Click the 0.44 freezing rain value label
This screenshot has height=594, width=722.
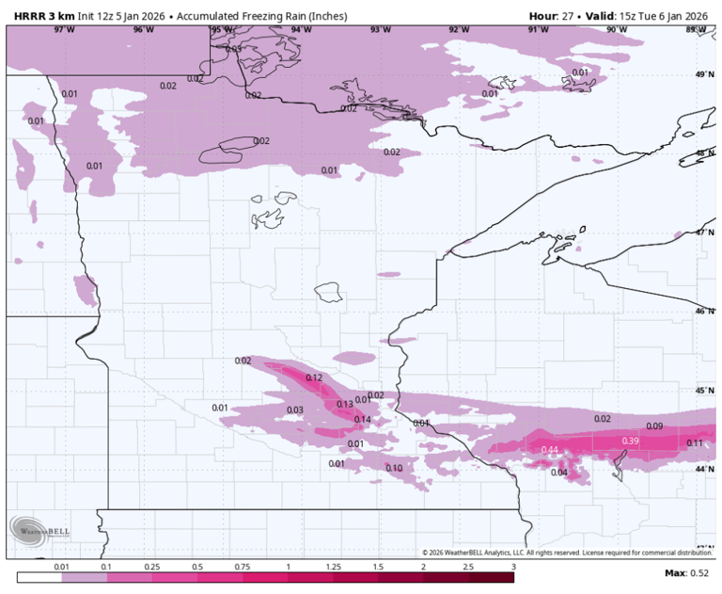click(x=551, y=450)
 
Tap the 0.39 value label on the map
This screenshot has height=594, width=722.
click(x=631, y=441)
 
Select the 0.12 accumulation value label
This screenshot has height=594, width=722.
click(x=314, y=377)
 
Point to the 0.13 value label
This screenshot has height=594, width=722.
click(x=345, y=404)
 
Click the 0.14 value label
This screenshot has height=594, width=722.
click(x=363, y=420)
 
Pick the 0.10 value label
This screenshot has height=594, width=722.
click(x=394, y=468)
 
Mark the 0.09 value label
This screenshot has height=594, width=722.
click(x=654, y=426)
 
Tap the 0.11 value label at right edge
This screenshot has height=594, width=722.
click(x=695, y=442)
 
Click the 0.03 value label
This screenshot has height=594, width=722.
click(x=294, y=409)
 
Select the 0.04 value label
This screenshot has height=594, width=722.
click(x=558, y=473)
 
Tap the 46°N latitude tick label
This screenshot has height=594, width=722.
click(x=704, y=311)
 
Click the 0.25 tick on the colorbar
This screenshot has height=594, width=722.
click(x=152, y=568)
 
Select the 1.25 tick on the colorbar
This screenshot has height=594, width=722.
click(x=333, y=568)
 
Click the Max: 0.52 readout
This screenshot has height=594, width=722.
click(x=687, y=573)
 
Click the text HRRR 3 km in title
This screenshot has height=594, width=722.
click(x=44, y=16)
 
